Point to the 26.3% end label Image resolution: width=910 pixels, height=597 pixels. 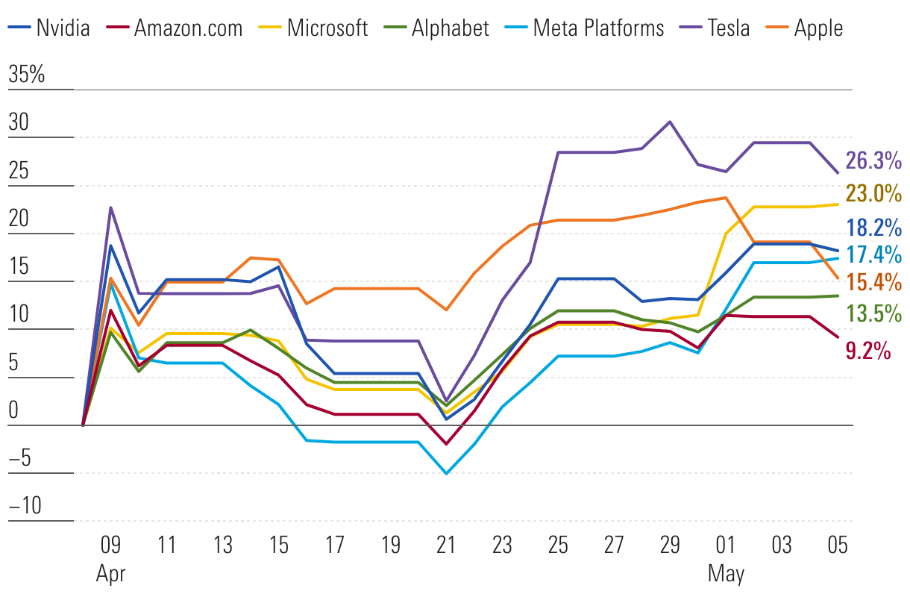pos(873,160)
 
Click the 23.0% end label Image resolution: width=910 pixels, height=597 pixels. pos(873,194)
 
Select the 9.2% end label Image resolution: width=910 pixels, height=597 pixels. pos(868,350)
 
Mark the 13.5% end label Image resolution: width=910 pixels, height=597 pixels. pos(873,313)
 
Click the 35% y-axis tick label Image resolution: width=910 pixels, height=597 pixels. pos(27,75)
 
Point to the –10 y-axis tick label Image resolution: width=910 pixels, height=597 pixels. pos(27,507)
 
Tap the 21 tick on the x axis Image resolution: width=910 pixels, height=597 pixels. pos(446,546)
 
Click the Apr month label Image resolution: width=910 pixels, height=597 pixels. pos(111,574)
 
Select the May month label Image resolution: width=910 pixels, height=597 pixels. pos(726,574)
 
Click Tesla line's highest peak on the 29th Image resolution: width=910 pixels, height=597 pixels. pos(670,122)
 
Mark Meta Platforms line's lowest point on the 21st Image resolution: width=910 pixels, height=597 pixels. pos(446,473)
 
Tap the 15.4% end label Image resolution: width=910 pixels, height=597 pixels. pos(873,282)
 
